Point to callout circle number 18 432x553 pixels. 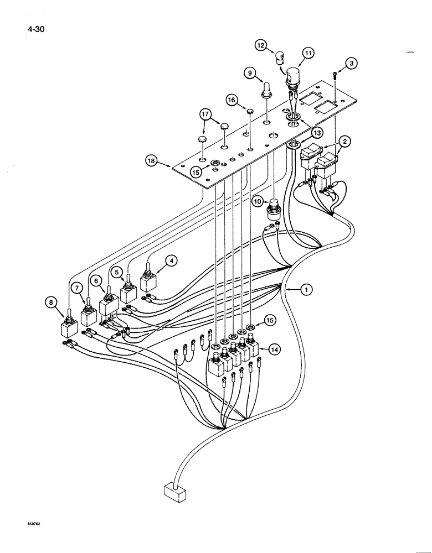[151, 161]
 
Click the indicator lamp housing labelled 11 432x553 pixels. [294, 75]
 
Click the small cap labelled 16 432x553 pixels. [250, 112]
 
